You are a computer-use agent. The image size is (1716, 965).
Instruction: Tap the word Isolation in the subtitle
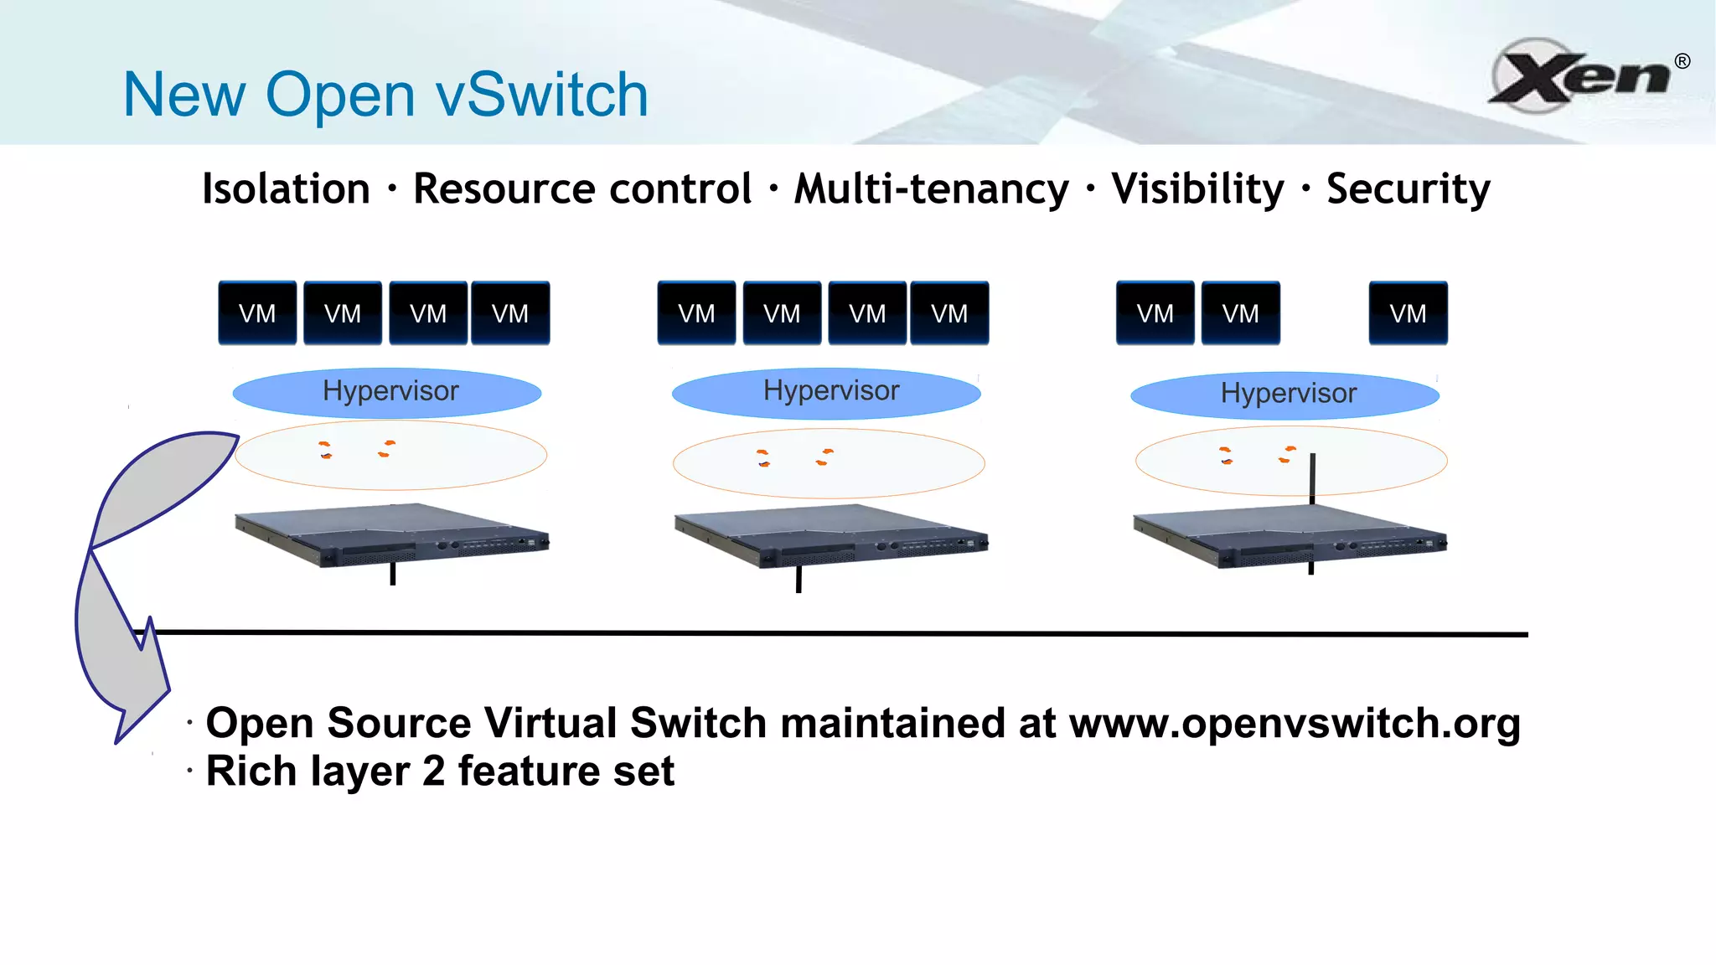tap(286, 188)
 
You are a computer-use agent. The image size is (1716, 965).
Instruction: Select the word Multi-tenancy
tap(931, 188)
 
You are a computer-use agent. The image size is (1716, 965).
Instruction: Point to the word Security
tap(1408, 189)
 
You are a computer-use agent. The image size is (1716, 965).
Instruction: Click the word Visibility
tap(1197, 188)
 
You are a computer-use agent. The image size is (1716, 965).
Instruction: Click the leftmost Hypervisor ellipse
tap(387, 392)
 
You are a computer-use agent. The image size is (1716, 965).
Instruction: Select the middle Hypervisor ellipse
tap(826, 392)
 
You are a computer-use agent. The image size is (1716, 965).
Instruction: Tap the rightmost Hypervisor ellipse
tap(1284, 395)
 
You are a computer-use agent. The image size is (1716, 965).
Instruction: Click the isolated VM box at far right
tap(1408, 313)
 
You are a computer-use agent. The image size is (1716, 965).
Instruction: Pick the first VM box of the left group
tap(257, 313)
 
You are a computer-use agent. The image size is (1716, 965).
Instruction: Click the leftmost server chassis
tap(391, 534)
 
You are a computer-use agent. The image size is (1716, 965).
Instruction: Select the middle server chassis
tap(830, 536)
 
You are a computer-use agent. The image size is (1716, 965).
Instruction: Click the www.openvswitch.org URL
tap(1295, 723)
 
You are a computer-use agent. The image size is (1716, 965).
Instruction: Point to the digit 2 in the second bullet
tap(433, 771)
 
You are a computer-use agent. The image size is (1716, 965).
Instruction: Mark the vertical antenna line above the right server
tap(1312, 477)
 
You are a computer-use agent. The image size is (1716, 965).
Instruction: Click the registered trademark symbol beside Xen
tap(1682, 61)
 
